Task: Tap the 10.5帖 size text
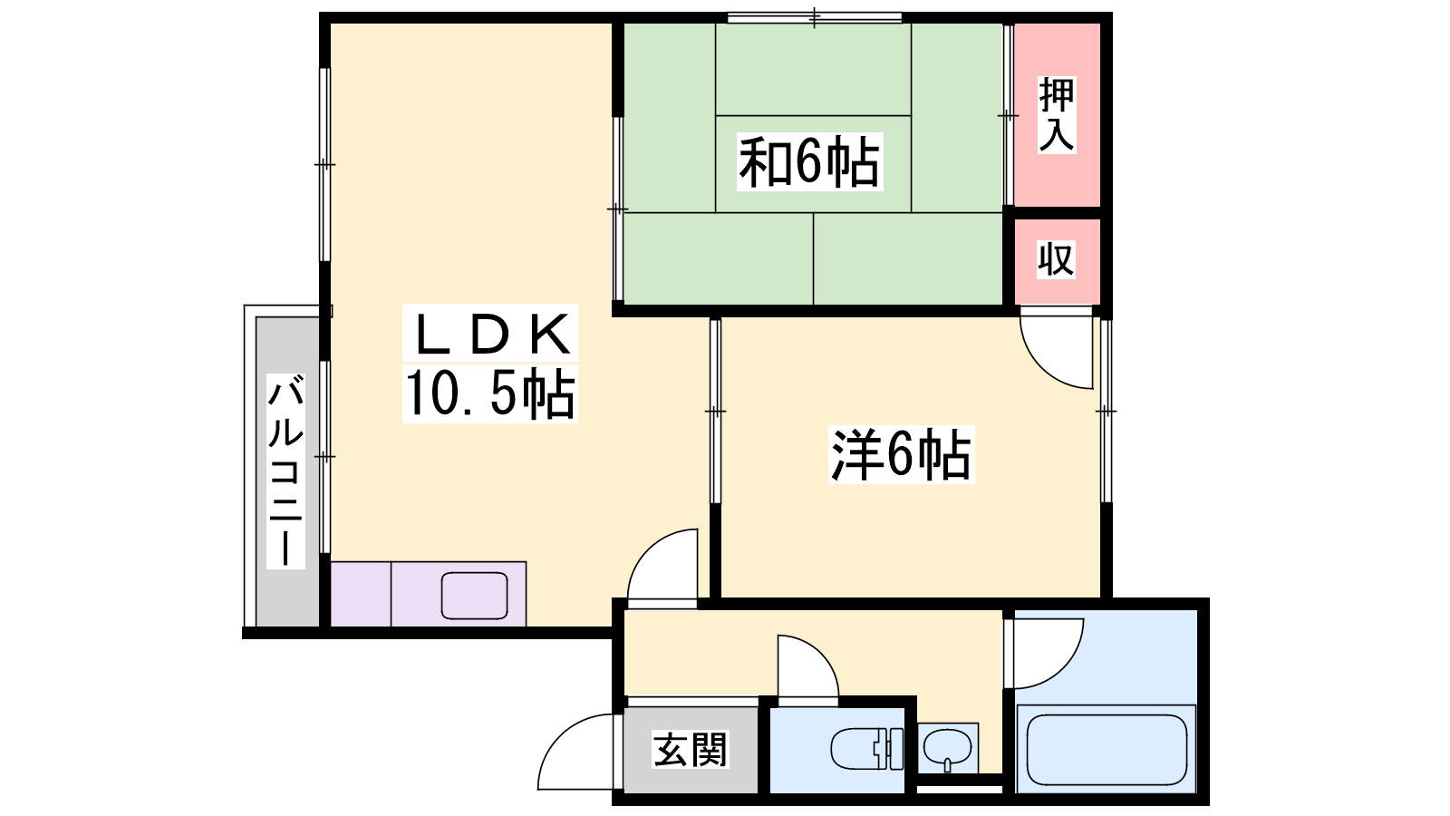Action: [x=490, y=393]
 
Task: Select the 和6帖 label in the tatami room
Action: [x=809, y=161]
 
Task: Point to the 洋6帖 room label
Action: [x=901, y=454]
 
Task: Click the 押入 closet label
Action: [x=1057, y=114]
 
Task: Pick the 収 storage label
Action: [x=1056, y=259]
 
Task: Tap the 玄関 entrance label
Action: [x=690, y=749]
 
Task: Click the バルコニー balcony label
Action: [x=285, y=471]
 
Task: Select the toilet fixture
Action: [x=867, y=749]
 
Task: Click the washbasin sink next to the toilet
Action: [x=947, y=749]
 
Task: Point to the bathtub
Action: [x=1107, y=749]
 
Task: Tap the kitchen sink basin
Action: [x=475, y=595]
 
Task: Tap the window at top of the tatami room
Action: [x=815, y=18]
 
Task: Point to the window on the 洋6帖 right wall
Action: [x=1107, y=411]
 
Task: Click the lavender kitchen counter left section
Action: [x=361, y=594]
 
